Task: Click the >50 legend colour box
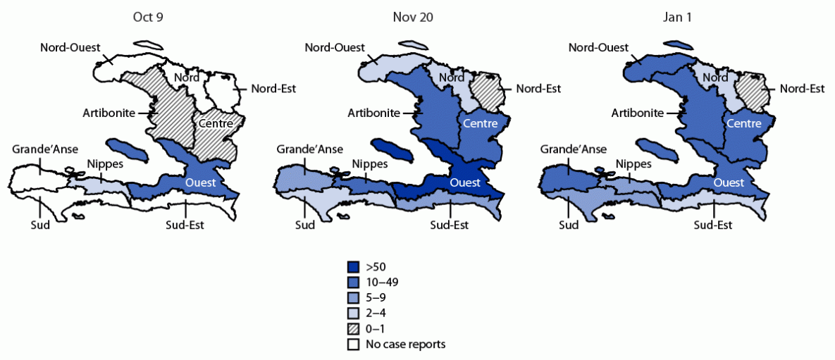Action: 354,267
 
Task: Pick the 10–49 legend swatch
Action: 354,283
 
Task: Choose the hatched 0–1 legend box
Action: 354,329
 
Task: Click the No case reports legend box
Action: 354,345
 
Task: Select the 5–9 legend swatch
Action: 354,298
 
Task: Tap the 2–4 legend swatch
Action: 354,314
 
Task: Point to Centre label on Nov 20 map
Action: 481,124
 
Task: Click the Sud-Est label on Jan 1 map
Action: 713,225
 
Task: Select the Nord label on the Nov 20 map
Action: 451,77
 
